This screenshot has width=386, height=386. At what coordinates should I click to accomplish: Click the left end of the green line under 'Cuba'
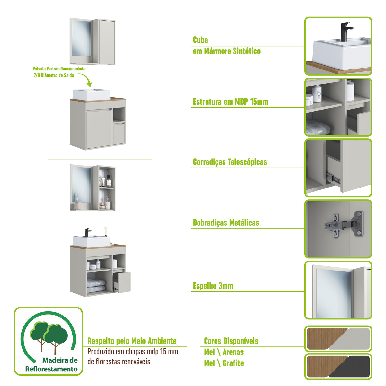[x=191, y=46]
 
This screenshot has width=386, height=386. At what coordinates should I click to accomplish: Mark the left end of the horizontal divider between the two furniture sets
[x=48, y=159]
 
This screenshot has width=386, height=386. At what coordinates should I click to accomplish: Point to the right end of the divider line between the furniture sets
[x=152, y=159]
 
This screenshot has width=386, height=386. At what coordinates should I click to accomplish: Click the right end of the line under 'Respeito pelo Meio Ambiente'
[x=187, y=346]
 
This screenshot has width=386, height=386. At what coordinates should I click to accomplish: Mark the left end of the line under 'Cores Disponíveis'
[x=200, y=346]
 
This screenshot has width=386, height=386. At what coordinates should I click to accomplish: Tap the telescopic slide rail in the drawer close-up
[x=333, y=178]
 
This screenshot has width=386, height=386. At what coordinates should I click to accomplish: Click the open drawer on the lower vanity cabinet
[x=122, y=282]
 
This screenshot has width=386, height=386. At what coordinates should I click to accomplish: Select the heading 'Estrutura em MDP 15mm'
[x=230, y=102]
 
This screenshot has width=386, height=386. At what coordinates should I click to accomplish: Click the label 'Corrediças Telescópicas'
[x=230, y=162]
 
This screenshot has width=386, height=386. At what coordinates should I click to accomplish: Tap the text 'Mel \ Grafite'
[x=224, y=363]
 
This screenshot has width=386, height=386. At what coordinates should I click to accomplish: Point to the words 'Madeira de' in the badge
[x=60, y=360]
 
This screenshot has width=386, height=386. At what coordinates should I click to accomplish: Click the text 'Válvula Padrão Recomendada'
[x=59, y=69]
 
